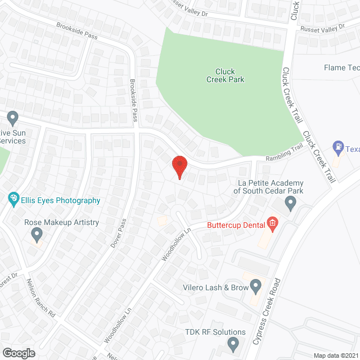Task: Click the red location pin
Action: pyautogui.click(x=179, y=166)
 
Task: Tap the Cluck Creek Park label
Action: pyautogui.click(x=229, y=75)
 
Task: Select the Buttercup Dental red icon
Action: pyautogui.click(x=272, y=223)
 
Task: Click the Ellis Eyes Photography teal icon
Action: pyautogui.click(x=13, y=199)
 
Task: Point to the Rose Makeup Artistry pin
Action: pyautogui.click(x=37, y=233)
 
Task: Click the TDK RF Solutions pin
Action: pyautogui.click(x=233, y=343)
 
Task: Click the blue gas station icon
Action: pyautogui.click(x=338, y=148)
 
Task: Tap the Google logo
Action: pyautogui.click(x=18, y=353)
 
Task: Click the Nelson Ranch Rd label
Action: pyautogui.click(x=42, y=299)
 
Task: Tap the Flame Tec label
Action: pyautogui.click(x=341, y=68)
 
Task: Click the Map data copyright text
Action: pyautogui.click(x=336, y=355)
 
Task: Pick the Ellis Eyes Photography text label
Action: pyautogui.click(x=61, y=200)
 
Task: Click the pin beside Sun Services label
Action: pyautogui.click(x=13, y=119)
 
